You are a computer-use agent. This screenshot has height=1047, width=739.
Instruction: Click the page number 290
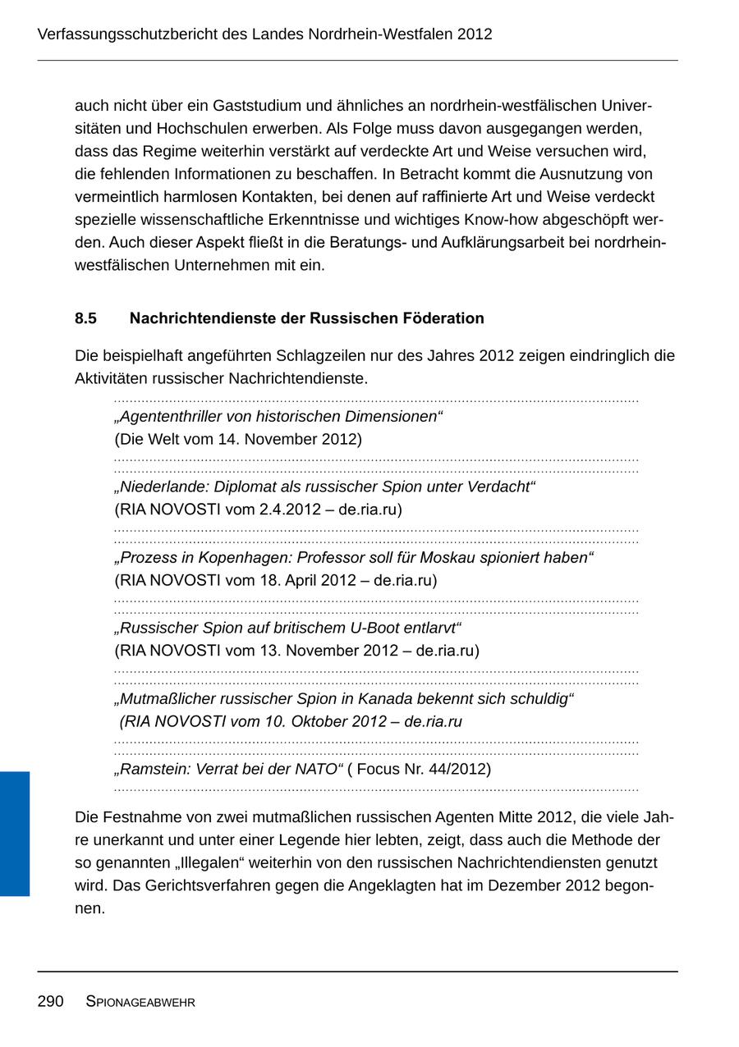point(50,1001)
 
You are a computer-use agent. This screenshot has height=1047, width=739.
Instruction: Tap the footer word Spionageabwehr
point(140,1002)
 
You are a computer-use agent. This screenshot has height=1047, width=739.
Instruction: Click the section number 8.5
point(85,318)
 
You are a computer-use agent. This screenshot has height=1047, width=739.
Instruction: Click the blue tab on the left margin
point(15,833)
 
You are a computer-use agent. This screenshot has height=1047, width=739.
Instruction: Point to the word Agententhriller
point(172,417)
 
